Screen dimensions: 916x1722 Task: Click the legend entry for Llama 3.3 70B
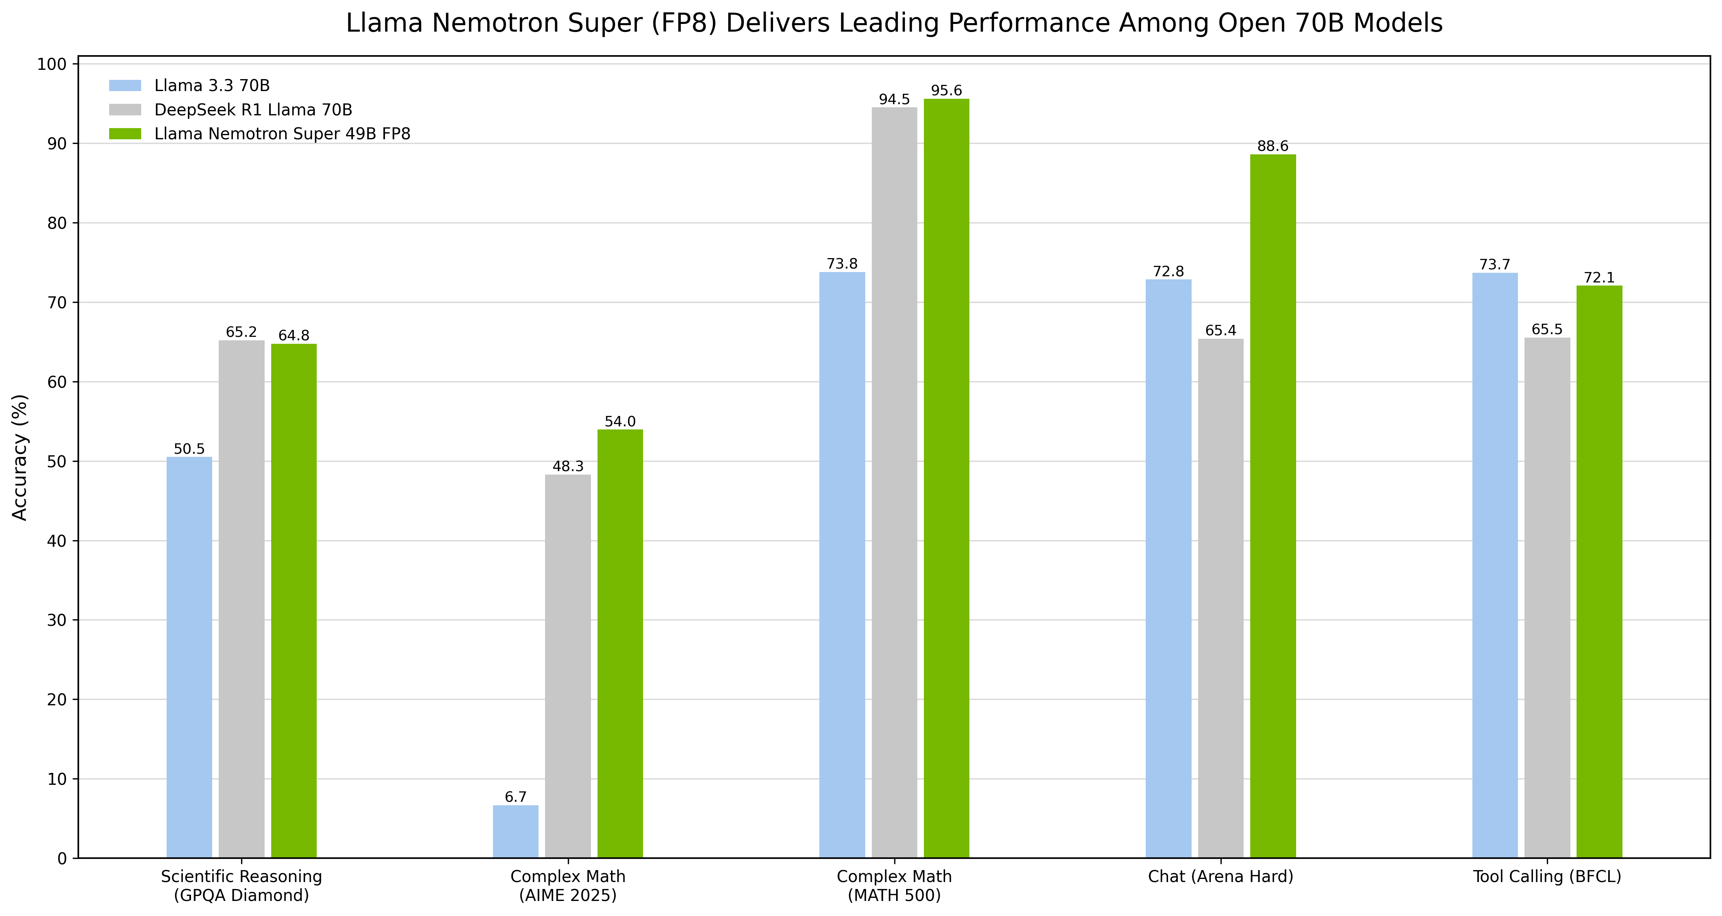coord(212,86)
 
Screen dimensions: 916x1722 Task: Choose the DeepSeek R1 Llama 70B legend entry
coord(253,110)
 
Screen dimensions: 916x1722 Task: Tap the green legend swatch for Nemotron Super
coord(125,134)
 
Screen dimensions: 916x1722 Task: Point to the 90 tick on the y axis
coord(58,144)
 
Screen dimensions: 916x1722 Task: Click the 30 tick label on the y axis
coord(58,620)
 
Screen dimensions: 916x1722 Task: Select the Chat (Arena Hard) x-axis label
coord(1221,877)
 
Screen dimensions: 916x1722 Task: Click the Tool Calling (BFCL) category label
coord(1547,877)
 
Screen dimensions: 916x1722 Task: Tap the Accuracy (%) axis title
coord(20,457)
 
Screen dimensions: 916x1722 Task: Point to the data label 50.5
coord(189,449)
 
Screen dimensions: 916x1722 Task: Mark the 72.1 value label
coord(1599,277)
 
